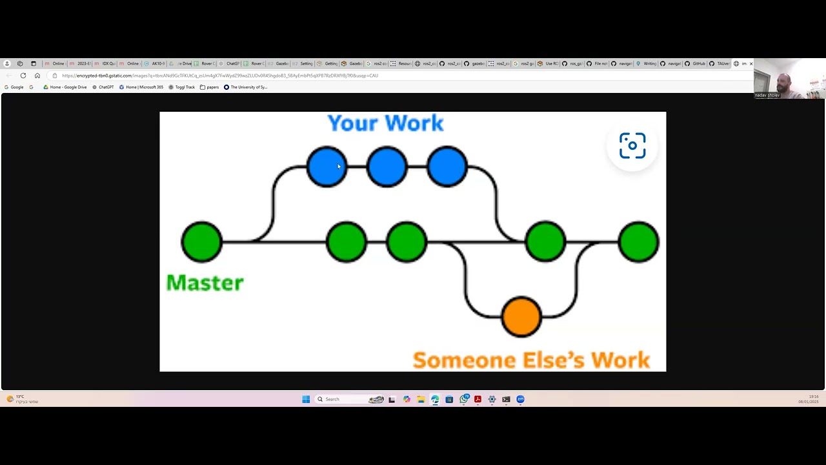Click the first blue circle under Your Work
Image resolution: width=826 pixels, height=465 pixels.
pos(327,167)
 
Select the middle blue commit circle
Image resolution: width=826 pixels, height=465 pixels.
pos(387,167)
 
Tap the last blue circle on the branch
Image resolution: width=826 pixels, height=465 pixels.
pos(447,167)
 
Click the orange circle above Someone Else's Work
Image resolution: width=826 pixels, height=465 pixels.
pos(521,316)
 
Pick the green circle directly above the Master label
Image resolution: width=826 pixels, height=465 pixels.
pos(202,242)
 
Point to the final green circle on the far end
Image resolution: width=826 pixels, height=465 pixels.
pos(638,242)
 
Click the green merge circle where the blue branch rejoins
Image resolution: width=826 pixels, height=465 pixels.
pos(545,242)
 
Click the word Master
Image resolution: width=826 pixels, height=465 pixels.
pos(205,283)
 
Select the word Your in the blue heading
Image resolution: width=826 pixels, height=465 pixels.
pos(352,123)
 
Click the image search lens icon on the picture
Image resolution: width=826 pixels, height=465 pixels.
pos(632,146)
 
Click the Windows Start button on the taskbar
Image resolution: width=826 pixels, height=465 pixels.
pos(306,399)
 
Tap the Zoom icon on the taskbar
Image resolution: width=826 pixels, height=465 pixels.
pos(520,399)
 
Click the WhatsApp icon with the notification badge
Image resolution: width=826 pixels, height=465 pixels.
pos(463,399)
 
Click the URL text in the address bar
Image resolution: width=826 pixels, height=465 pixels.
pos(219,76)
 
